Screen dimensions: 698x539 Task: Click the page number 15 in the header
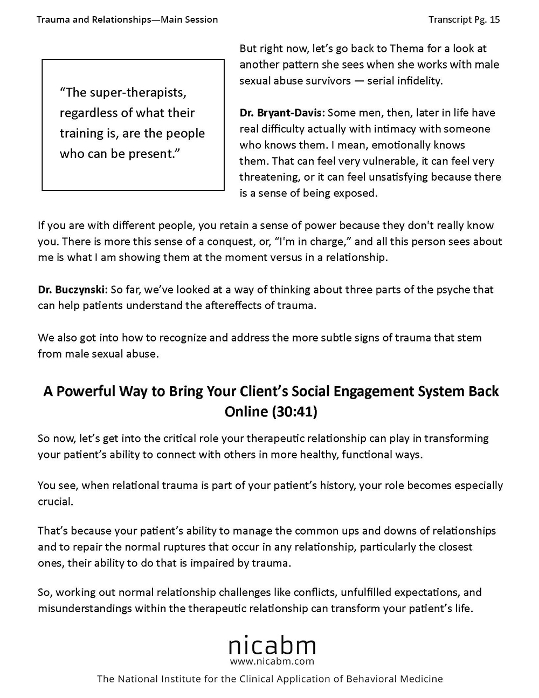pos(495,19)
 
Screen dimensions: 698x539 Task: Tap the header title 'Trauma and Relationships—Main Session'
pos(127,19)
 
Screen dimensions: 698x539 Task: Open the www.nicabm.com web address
pos(272,661)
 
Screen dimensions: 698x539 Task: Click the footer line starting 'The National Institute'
pos(269,679)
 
